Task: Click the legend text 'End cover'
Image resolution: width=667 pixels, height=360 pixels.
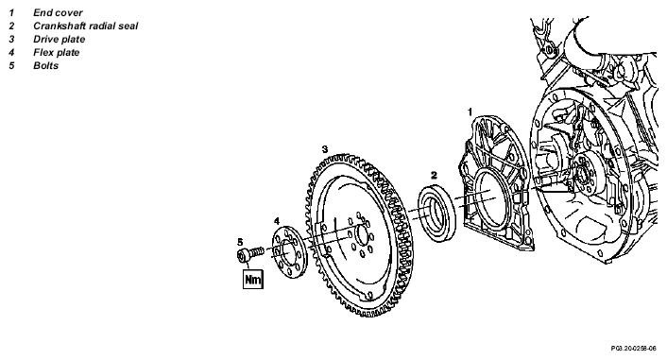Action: coord(58,13)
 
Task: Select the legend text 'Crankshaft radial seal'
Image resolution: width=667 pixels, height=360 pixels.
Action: coord(86,26)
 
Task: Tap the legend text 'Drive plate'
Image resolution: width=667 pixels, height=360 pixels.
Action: coord(60,39)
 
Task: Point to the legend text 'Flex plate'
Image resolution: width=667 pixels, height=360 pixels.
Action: coord(56,52)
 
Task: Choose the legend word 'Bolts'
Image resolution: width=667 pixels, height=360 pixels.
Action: coord(46,65)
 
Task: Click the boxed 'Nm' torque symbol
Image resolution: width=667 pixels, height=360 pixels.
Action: coord(253,279)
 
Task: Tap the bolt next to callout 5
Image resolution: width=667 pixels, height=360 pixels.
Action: coord(250,254)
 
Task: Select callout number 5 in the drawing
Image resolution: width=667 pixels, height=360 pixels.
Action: coord(240,242)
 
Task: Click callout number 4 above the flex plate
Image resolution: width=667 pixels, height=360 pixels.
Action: coord(277,221)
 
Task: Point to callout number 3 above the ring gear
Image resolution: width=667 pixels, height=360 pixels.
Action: coord(325,149)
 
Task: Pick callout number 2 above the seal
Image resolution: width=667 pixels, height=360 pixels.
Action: coord(434,175)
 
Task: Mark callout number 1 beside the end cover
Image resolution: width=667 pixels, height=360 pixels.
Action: coord(470,111)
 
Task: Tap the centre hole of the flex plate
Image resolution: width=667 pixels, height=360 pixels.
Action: coord(286,252)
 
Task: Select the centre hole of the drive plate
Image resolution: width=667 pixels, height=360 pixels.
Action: coord(362,235)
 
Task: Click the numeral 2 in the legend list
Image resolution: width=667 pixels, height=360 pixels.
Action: coord(11,26)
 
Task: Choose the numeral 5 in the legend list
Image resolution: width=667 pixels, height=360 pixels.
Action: coord(11,65)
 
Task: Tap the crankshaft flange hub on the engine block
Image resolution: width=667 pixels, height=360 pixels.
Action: coord(583,175)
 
